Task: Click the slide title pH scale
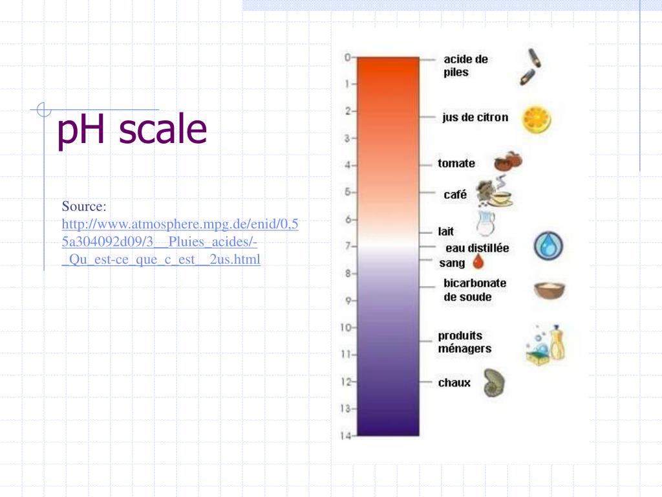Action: (x=132, y=129)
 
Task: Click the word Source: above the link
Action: (x=83, y=206)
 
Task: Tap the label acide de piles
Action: (x=465, y=65)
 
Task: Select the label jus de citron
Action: (x=475, y=117)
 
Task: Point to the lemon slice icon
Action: (x=537, y=120)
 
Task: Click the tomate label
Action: (x=456, y=163)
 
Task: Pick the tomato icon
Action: (x=508, y=161)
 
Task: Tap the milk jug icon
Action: (x=485, y=223)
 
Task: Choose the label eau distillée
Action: (x=477, y=248)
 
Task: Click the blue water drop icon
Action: (x=548, y=247)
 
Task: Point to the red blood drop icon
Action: (x=478, y=262)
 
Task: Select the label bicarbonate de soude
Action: (x=475, y=290)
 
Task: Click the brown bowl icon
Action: (x=549, y=290)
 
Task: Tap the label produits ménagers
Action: (x=464, y=342)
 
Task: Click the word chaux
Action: (x=454, y=382)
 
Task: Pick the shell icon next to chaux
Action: (x=495, y=382)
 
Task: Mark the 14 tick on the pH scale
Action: (x=347, y=436)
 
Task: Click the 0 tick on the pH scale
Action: (x=347, y=57)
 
